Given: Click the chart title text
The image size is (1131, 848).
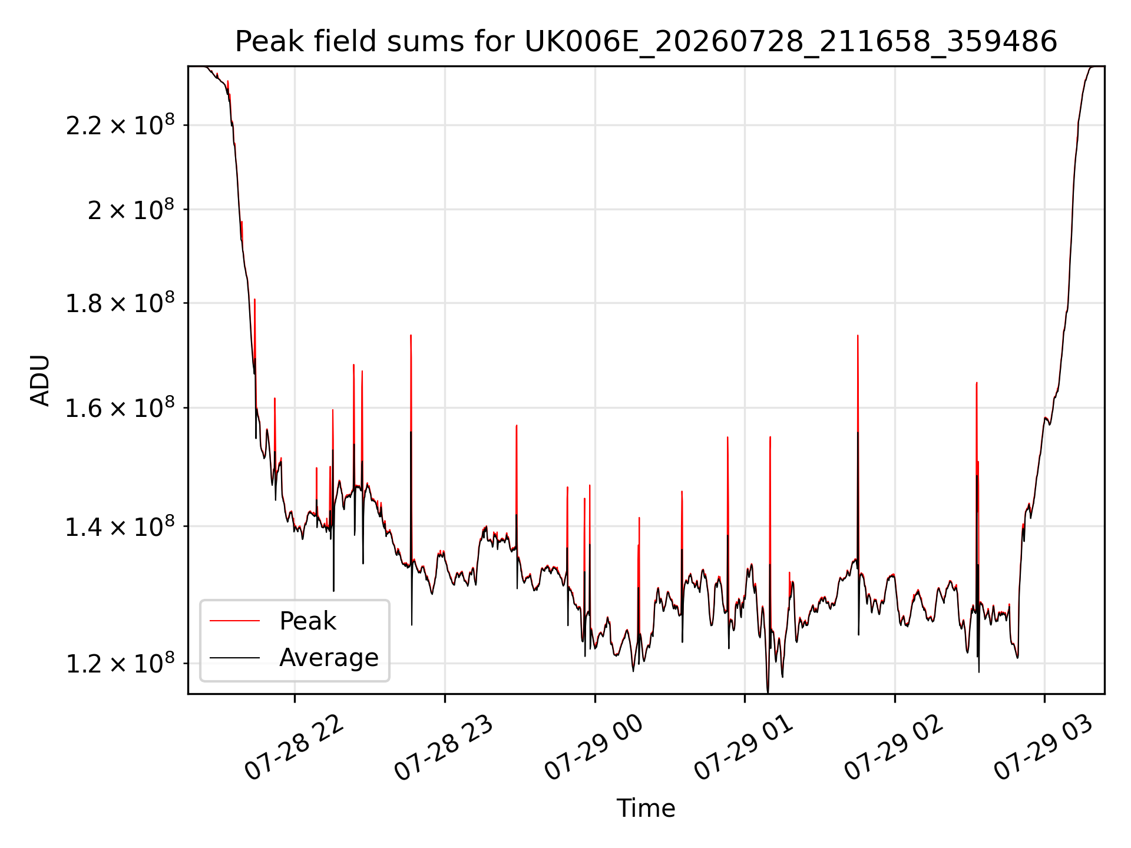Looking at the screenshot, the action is (646, 42).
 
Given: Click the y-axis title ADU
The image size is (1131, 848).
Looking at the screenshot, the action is (40, 380).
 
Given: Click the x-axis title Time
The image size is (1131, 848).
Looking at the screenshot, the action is (646, 808).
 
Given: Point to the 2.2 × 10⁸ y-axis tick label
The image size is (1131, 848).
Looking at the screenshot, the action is (120, 125).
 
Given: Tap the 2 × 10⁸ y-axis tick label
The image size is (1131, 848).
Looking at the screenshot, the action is (131, 209).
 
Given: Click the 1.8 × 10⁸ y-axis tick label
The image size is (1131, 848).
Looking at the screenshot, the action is (120, 303).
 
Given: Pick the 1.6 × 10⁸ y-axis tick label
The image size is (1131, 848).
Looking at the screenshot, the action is (120, 408).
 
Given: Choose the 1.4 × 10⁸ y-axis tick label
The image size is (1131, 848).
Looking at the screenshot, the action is (120, 526).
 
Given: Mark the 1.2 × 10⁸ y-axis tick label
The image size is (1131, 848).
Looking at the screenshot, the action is (120, 663).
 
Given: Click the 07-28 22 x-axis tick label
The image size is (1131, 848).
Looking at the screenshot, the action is (294, 748).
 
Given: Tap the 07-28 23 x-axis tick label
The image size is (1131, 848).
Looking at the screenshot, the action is (444, 748).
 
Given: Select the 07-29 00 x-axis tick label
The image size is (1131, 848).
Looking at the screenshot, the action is (594, 748).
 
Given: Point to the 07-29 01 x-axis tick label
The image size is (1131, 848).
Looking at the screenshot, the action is (744, 748).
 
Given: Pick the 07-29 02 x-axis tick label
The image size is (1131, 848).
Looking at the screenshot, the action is (894, 748).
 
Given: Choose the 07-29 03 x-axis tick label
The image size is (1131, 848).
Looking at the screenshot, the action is (1044, 748).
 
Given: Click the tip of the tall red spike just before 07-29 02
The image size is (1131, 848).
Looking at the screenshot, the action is (858, 336).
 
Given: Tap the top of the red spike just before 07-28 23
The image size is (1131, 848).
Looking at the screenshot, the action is (411, 336).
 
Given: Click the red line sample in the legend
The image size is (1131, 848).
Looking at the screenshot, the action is (234, 621).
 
